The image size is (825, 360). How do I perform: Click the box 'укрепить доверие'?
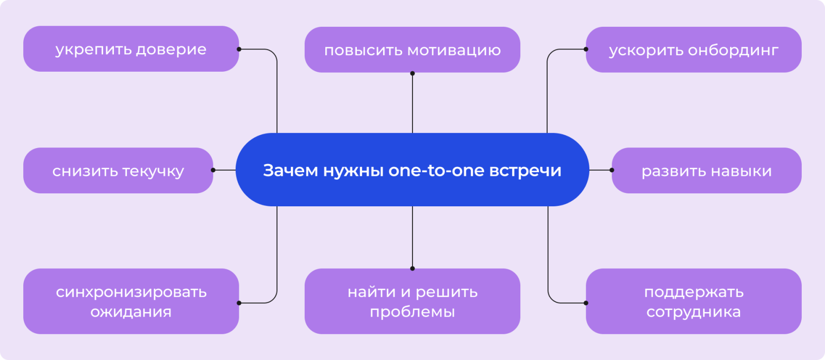pyautogui.click(x=131, y=49)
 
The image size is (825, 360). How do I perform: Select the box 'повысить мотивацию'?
pyautogui.click(x=412, y=50)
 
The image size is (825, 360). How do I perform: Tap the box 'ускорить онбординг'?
pyautogui.click(x=694, y=50)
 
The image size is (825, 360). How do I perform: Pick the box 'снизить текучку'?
pyautogui.click(x=118, y=171)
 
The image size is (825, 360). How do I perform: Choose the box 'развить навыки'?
pyautogui.click(x=706, y=171)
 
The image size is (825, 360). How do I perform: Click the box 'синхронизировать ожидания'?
pyautogui.click(x=131, y=301)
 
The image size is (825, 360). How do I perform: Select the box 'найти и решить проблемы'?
pyautogui.click(x=412, y=301)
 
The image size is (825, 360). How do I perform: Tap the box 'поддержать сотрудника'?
pyautogui.click(x=694, y=301)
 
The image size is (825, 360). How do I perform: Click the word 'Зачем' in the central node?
pyautogui.click(x=290, y=170)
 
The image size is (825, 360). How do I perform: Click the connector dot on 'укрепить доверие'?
pyautogui.click(x=239, y=50)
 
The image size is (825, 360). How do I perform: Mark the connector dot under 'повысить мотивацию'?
pyautogui.click(x=412, y=73)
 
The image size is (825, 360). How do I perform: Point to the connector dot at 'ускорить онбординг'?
pyautogui.click(x=586, y=50)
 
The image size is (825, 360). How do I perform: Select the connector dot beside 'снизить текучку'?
pyautogui.click(x=213, y=170)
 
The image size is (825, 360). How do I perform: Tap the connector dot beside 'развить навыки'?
pyautogui.click(x=612, y=170)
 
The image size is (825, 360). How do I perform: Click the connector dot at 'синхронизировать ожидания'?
pyautogui.click(x=239, y=303)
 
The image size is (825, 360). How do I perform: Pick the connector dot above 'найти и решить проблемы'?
pyautogui.click(x=412, y=268)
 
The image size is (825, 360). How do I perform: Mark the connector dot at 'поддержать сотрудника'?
pyautogui.click(x=586, y=303)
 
